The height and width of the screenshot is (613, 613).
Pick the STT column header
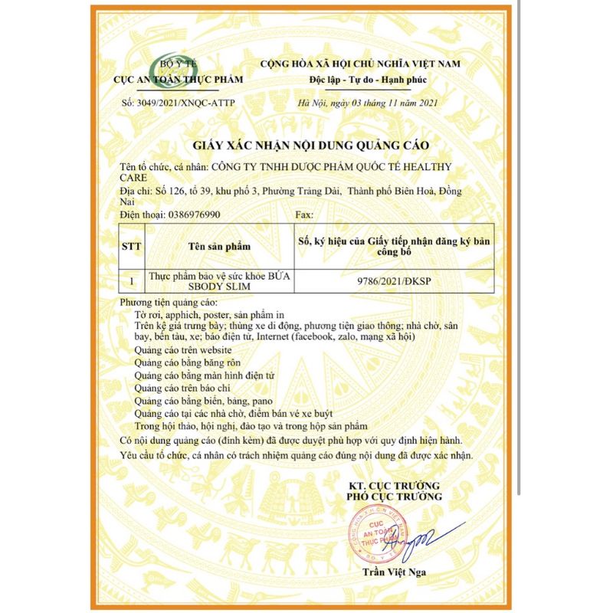(x=132, y=247)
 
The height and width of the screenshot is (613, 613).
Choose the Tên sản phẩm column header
(x=219, y=247)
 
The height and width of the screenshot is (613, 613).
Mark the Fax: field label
(x=304, y=215)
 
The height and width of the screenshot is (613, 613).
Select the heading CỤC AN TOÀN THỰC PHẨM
(x=178, y=80)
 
